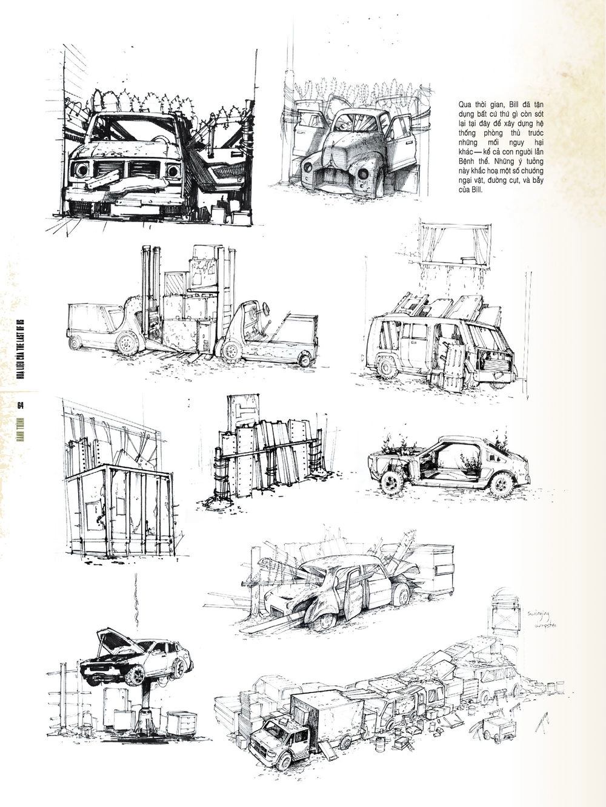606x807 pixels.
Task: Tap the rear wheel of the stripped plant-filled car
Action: pyautogui.click(x=501, y=484)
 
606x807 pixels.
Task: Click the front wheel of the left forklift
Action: pyautogui.click(x=127, y=343)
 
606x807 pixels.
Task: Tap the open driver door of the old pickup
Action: pyautogui.click(x=400, y=139)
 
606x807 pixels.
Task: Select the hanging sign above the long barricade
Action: pyautogui.click(x=506, y=611)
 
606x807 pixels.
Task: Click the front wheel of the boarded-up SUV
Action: pyautogui.click(x=387, y=367)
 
